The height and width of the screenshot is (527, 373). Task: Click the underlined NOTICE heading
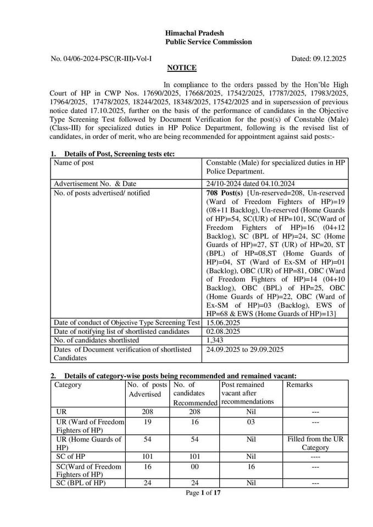181,68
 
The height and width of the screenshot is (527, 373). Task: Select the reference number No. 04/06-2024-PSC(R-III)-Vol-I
101,58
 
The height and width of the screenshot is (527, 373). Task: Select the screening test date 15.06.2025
224,323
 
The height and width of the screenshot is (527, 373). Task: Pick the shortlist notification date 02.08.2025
224,332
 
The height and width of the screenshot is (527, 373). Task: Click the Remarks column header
299,385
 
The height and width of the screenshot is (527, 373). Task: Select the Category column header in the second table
68,385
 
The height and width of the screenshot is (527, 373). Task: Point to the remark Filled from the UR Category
315,443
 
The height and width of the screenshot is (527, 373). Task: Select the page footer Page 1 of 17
203,493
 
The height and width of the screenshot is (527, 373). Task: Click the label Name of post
74,163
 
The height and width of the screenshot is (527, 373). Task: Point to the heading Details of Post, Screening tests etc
119,154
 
